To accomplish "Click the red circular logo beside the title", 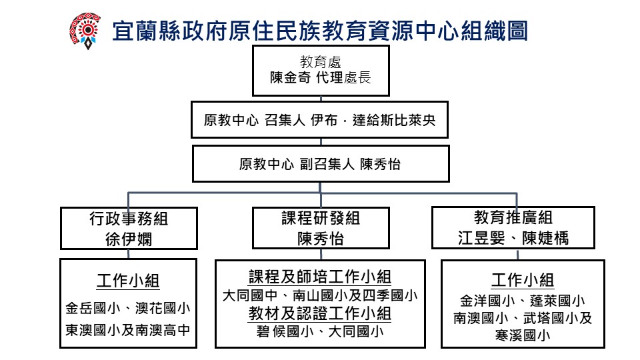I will [x=85, y=30].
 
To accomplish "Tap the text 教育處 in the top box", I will [x=321, y=63].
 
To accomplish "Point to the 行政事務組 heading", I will [x=129, y=219].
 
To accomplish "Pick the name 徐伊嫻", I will [x=129, y=238].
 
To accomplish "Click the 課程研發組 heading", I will [x=321, y=219].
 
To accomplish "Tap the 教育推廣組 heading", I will [x=513, y=218].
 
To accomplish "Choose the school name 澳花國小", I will [x=163, y=309].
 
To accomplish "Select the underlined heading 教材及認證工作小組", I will [x=320, y=312].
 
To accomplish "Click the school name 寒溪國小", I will [x=523, y=336].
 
